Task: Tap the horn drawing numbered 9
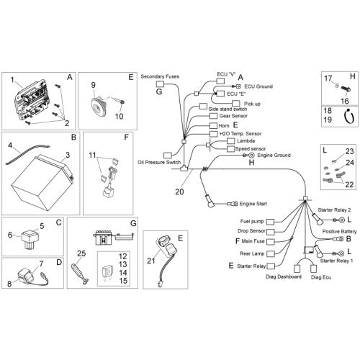coord(99,106)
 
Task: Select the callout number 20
coord(179,192)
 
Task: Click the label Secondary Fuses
coord(160,76)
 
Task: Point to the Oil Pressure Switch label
coord(159,162)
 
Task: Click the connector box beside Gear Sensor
coord(213,116)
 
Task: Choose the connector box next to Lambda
coord(230,141)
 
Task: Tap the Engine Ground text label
coord(274,156)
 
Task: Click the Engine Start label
coord(253,204)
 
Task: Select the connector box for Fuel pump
coord(271,222)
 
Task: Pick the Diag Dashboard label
coord(283,276)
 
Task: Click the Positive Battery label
coord(339,232)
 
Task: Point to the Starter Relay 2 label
coord(334,210)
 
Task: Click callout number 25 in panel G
coord(81,253)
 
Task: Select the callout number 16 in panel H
coord(345,101)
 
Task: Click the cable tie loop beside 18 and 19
coord(348,117)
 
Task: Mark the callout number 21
coord(150,261)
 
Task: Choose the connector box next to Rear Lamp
coord(271,253)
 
